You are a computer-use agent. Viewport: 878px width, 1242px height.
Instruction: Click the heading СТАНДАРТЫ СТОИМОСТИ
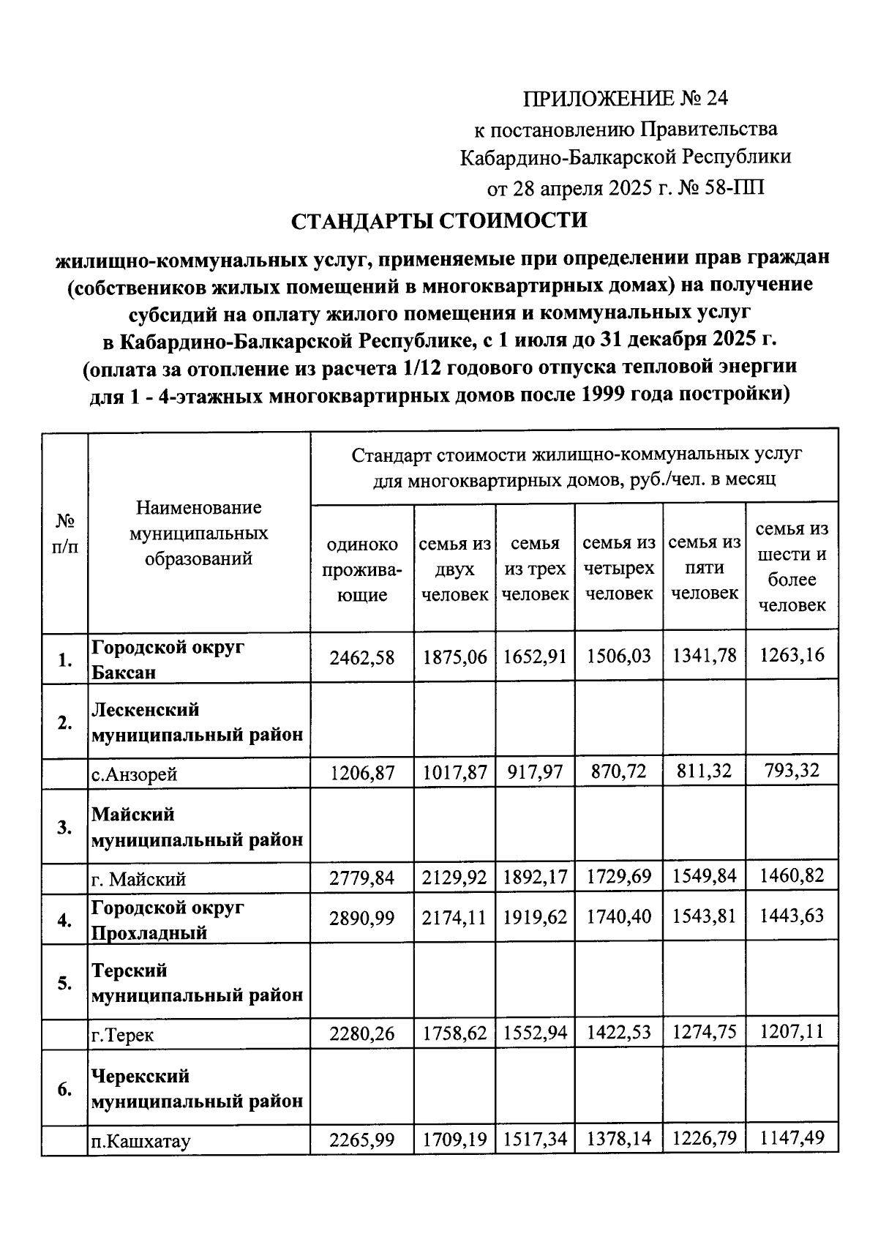[x=439, y=220]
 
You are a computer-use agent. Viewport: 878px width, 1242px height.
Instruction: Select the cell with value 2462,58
[x=361, y=657]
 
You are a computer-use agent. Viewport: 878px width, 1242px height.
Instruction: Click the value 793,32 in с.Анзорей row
[x=792, y=770]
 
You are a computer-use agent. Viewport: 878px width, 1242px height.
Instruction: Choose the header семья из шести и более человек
[x=792, y=566]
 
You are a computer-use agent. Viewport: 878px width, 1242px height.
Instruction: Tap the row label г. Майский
[x=138, y=879]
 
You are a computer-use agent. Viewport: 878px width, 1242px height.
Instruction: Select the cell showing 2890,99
[x=361, y=918]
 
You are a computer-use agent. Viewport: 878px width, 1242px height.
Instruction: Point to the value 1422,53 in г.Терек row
[x=619, y=1033]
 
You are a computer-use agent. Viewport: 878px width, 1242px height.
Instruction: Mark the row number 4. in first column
[x=64, y=920]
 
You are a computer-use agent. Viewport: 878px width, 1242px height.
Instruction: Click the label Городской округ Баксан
[x=168, y=659]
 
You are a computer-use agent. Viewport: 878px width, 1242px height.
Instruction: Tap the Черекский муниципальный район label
[x=197, y=1088]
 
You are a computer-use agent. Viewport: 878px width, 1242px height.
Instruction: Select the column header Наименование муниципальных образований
[x=198, y=533]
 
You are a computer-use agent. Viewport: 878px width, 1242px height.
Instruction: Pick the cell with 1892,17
[x=535, y=876]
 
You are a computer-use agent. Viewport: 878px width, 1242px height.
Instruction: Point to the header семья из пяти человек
[x=705, y=567]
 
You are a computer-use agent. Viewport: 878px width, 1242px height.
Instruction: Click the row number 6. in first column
[x=64, y=1090]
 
